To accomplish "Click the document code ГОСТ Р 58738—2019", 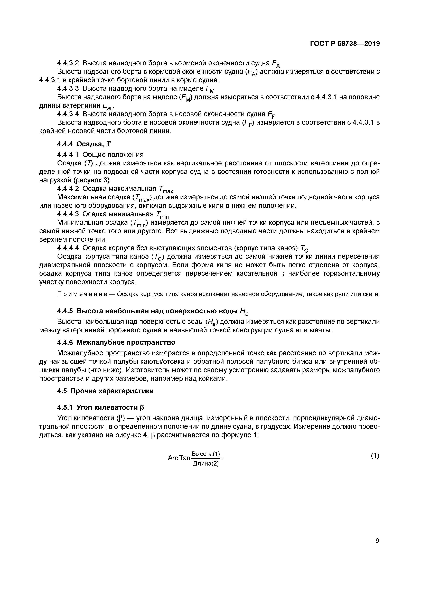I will [345, 44].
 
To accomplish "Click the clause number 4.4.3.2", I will [68, 63].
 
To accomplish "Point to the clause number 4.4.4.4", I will [68, 248].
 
